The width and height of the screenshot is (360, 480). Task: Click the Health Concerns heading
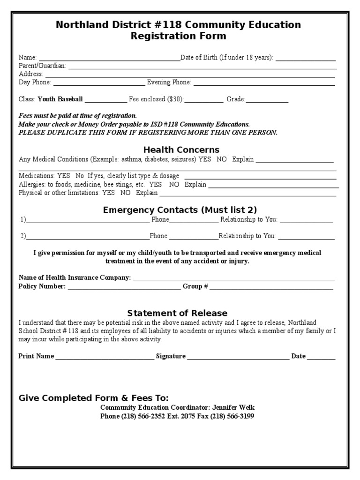click(181, 150)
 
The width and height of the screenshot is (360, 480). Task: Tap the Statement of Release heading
click(177, 313)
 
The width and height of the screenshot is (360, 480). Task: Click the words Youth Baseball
click(60, 99)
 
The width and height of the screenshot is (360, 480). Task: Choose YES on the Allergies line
click(155, 185)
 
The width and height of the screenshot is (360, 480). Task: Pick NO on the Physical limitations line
click(125, 193)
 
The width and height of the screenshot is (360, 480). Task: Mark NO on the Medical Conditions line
click(222, 159)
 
